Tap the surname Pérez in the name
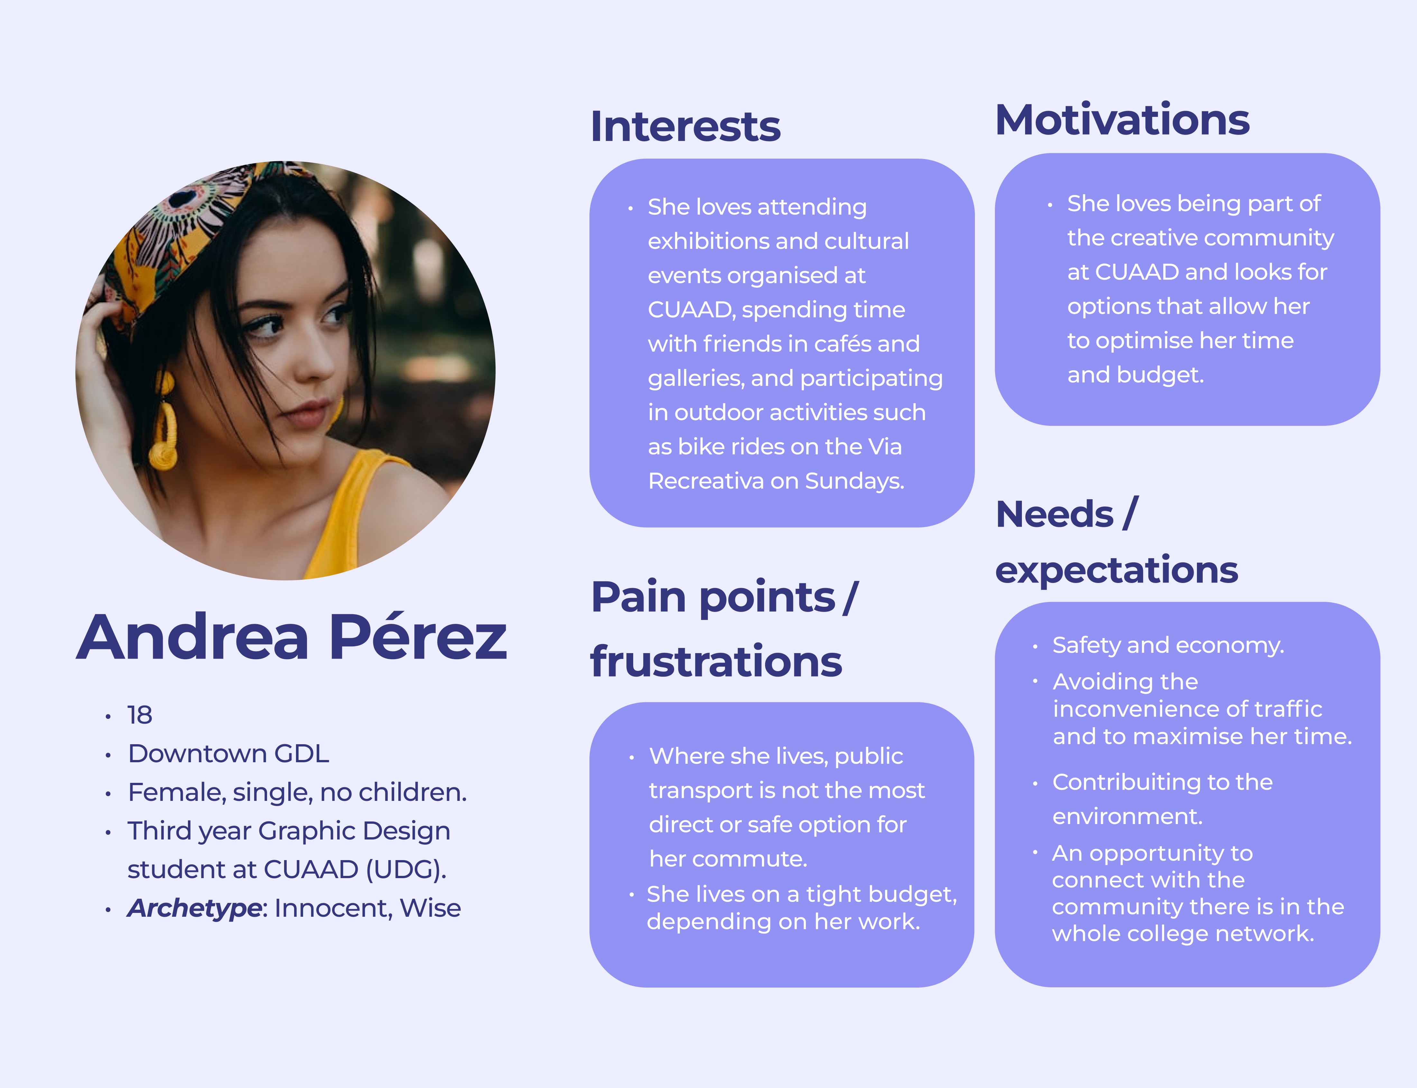pos(418,638)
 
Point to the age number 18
pos(139,715)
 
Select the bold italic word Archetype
pos(194,908)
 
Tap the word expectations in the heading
pos(1116,570)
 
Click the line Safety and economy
pos(1168,645)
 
